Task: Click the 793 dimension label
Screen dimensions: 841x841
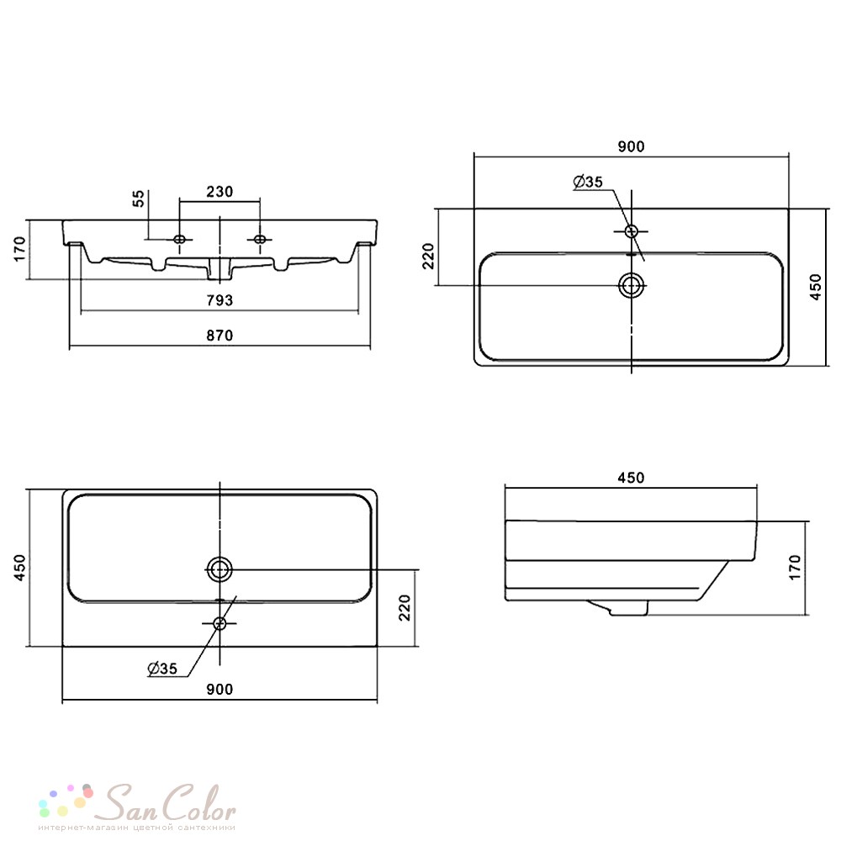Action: (x=220, y=300)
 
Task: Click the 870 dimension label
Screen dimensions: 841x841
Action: (x=220, y=336)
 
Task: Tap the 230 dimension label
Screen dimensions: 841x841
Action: (x=220, y=192)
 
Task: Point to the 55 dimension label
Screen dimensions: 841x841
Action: (x=139, y=198)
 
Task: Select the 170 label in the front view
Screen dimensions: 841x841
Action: (x=19, y=249)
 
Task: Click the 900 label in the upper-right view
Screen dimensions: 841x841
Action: (x=631, y=146)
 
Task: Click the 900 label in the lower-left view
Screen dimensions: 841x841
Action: (x=220, y=690)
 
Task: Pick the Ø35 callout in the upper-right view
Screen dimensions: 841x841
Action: (x=588, y=182)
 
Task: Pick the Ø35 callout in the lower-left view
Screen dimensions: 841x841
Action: (x=162, y=669)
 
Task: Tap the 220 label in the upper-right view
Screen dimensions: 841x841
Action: (x=428, y=256)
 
